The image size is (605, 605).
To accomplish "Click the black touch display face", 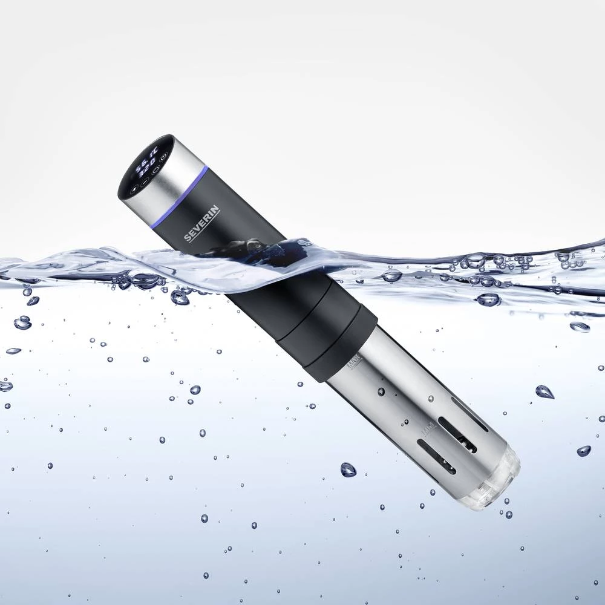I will click(x=145, y=166).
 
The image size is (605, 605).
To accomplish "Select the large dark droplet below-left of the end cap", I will click(x=348, y=469).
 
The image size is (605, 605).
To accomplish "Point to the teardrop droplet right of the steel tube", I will click(x=544, y=391).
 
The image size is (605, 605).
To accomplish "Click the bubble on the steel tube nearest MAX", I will click(x=381, y=391).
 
